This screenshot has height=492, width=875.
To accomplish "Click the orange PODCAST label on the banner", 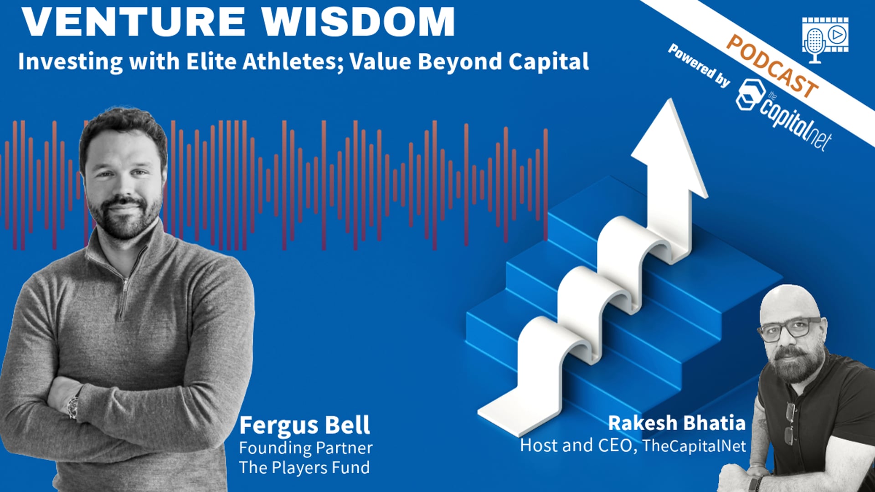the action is click(x=772, y=66).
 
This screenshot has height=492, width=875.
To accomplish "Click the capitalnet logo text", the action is click(x=796, y=121).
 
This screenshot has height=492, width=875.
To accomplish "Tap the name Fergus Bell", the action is click(x=304, y=425).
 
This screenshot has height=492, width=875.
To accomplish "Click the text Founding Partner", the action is click(x=306, y=448).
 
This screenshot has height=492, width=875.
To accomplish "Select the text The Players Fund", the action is click(x=304, y=467).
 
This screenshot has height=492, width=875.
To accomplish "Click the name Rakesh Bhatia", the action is click(x=677, y=423).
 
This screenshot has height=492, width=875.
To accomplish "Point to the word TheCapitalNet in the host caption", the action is click(x=694, y=446).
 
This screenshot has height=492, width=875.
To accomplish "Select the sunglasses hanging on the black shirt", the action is click(x=789, y=424).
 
